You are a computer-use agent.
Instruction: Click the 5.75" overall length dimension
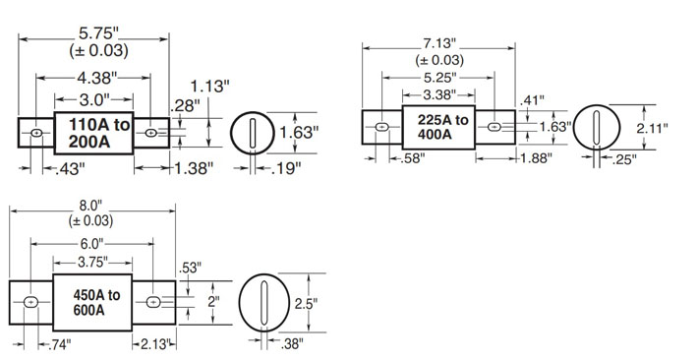point(99,33)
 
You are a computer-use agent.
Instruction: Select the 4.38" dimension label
point(97,78)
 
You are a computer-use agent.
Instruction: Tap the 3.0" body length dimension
point(94,99)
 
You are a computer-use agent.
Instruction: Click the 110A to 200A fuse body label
point(98,133)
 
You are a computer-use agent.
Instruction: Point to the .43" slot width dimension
point(70,168)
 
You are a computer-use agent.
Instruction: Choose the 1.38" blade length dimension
point(194,168)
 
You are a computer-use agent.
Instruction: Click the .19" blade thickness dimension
point(286,168)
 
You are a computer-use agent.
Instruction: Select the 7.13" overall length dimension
point(439,43)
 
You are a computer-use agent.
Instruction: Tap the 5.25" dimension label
point(439,78)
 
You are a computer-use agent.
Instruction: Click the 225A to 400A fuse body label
point(442,127)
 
